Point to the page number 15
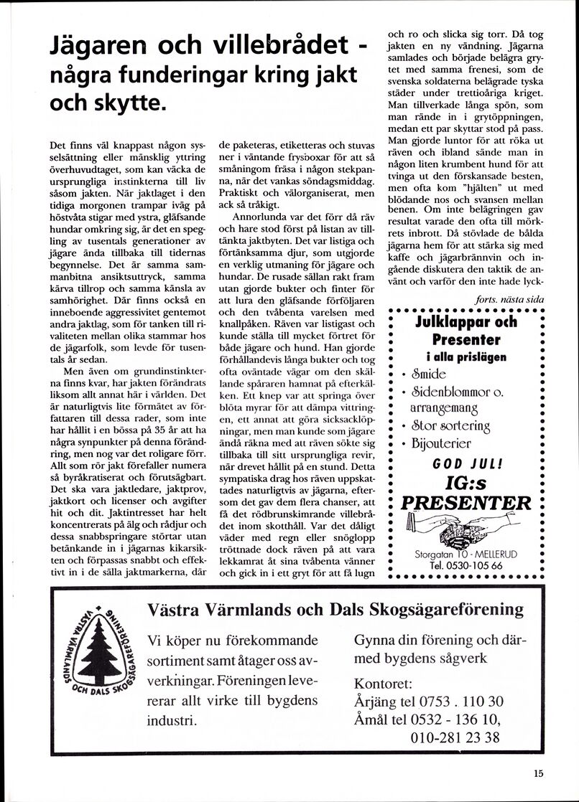pos(539,773)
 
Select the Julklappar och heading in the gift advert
pos(466,323)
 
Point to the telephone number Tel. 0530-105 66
pos(466,566)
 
